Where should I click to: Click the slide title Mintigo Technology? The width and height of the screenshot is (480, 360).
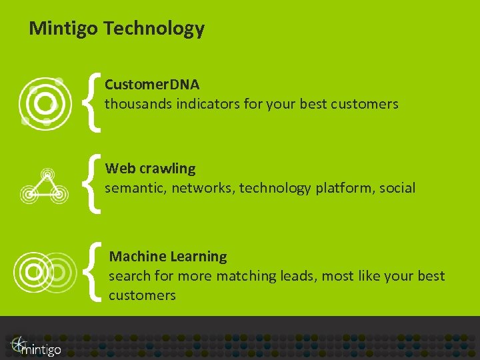click(x=117, y=29)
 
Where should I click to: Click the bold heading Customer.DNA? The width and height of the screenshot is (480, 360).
click(x=152, y=85)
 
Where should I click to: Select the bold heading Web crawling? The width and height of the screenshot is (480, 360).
click(x=150, y=169)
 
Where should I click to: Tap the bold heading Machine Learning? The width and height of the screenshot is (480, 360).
click(x=168, y=257)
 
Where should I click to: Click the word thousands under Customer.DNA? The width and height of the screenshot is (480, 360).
click(x=138, y=104)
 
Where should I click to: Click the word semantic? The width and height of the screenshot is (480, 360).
click(x=135, y=188)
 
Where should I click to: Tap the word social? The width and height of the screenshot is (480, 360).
click(x=397, y=188)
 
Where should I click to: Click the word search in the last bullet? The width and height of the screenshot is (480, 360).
click(x=129, y=276)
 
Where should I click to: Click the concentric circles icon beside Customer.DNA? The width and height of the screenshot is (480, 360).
click(x=43, y=103)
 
